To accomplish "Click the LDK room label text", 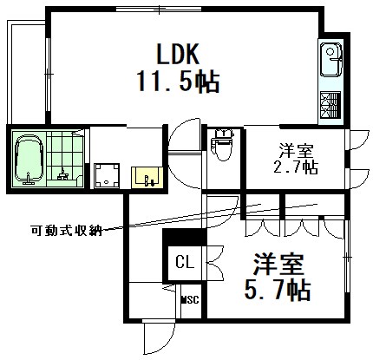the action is [x=178, y=54].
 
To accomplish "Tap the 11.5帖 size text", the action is [x=179, y=82].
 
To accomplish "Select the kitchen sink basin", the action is [x=330, y=60].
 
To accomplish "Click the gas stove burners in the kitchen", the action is [x=330, y=105].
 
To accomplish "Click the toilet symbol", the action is [x=222, y=145].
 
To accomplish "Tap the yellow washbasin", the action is [x=147, y=177].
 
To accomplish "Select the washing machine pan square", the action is [x=107, y=175].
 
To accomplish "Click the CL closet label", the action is [x=185, y=263].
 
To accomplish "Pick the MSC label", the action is [x=190, y=300].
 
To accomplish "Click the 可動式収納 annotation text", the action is [x=67, y=230].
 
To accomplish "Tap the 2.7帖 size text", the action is [x=296, y=167].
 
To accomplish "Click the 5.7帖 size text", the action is [x=278, y=290].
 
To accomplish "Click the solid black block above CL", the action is [x=185, y=237].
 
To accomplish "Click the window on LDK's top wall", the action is [x=159, y=9].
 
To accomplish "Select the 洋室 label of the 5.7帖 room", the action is [x=278, y=264].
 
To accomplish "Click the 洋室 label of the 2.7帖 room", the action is [x=296, y=150].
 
